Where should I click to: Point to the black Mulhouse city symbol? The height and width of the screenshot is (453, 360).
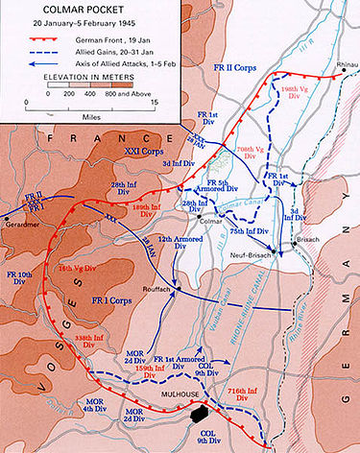pyautogui.click(x=200, y=414)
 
